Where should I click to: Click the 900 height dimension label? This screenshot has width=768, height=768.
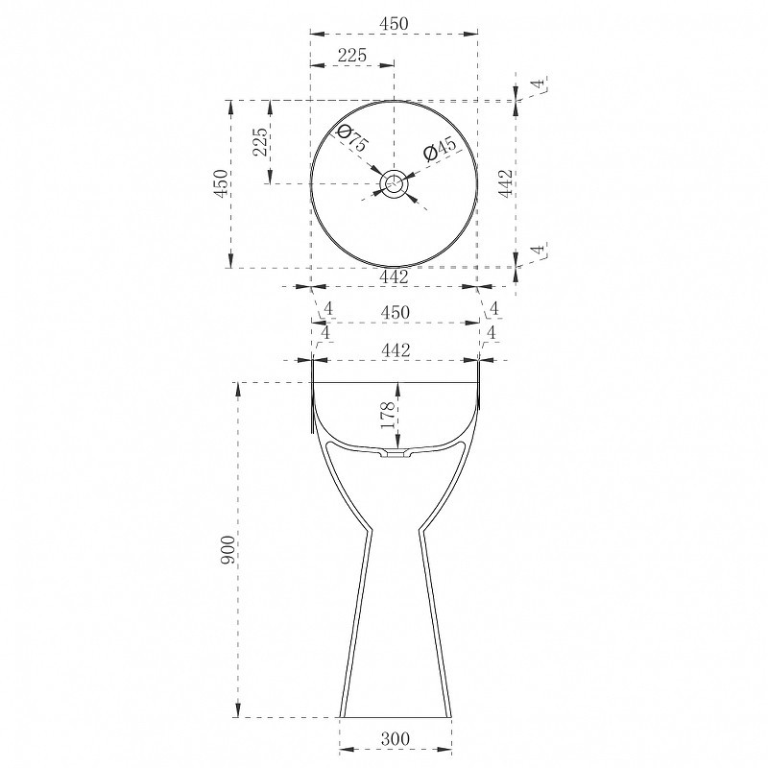point(228,550)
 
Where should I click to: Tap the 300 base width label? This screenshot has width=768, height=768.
point(396,738)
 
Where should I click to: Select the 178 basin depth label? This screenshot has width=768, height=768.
point(388,415)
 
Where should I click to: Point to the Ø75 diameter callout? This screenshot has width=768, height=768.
point(351,138)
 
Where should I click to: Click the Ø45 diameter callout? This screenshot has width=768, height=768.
point(440,149)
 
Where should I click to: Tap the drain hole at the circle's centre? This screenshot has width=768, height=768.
point(394,184)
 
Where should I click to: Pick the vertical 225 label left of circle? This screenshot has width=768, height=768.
point(261,142)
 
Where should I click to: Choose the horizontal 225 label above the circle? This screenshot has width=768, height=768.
point(352,55)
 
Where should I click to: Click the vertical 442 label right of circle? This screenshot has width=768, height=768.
point(505,183)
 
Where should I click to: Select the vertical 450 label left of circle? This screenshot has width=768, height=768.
point(221,183)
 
